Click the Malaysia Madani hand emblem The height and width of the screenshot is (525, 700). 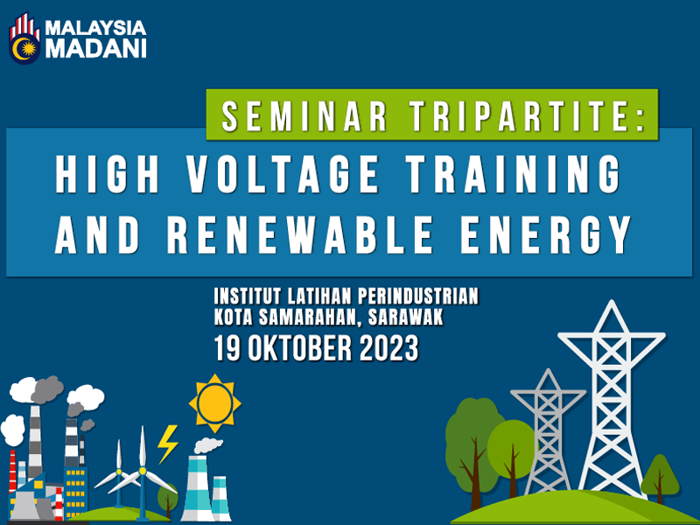(x=25, y=38)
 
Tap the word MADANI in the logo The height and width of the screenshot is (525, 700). (x=96, y=49)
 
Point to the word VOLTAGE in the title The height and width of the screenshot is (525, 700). (x=283, y=173)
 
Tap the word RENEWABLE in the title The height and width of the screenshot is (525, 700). (x=300, y=234)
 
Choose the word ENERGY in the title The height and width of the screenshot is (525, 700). (x=546, y=234)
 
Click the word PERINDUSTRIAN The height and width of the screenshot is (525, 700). (x=418, y=297)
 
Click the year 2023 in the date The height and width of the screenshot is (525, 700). (x=388, y=348)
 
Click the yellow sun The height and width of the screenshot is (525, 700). (x=214, y=403)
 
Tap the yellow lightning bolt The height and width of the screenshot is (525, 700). (x=167, y=444)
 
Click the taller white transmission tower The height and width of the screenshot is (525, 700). (x=612, y=400)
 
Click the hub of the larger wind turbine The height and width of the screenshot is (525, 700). (x=143, y=471)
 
